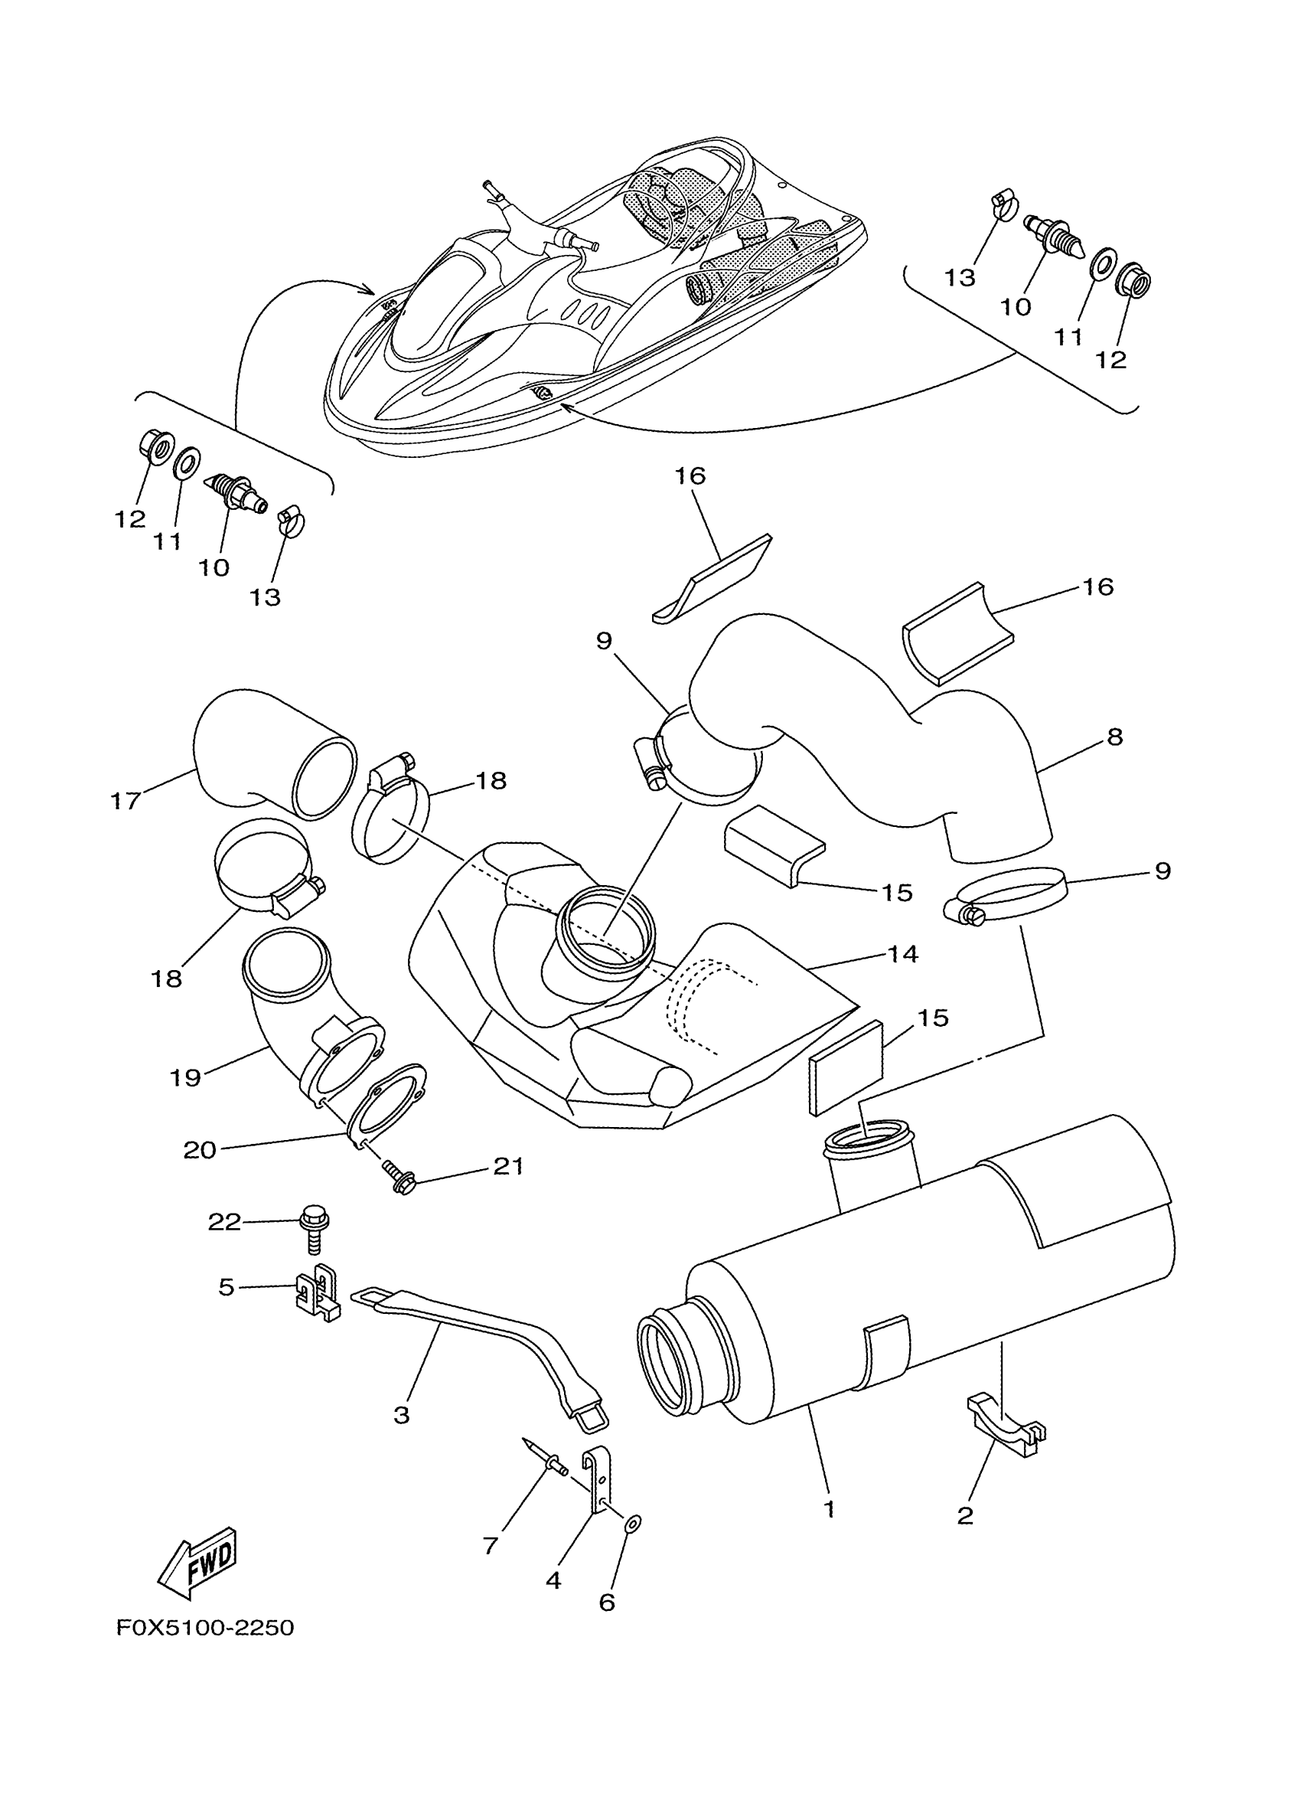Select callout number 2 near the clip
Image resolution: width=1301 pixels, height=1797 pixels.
(964, 1516)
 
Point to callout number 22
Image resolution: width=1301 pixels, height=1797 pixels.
(224, 1223)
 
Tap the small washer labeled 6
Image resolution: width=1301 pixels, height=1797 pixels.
(634, 1524)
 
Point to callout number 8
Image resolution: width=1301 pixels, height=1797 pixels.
(1115, 737)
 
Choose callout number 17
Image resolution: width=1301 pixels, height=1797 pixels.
(124, 801)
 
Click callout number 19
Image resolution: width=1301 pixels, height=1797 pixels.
(185, 1077)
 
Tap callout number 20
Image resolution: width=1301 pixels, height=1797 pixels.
(200, 1150)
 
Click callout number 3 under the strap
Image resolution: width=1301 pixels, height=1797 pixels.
(402, 1416)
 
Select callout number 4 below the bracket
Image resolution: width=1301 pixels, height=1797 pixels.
(553, 1580)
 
